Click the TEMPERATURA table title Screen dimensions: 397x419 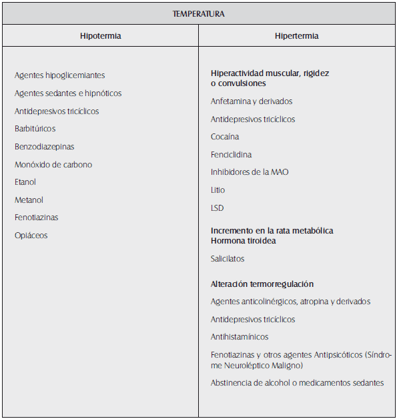pos(198,13)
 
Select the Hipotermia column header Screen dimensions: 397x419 pos(100,36)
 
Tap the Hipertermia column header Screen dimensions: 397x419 pos(297,36)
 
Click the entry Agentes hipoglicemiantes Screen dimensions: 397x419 pos(59,76)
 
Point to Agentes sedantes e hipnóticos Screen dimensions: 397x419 pos(68,93)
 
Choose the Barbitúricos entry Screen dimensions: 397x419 pos(35,129)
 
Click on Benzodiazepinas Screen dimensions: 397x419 pos(45,147)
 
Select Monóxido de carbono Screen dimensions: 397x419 pos(53,164)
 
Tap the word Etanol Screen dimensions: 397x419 pos(25,182)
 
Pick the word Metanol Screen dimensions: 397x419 pos(29,200)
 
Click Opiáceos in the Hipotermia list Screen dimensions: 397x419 pos(31,236)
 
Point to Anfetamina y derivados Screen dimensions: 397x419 pos(252,101)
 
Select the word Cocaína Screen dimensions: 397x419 pos(225,137)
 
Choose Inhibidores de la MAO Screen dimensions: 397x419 pos(250,172)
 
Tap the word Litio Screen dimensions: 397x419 pos(218,190)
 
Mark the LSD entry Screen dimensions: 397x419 pos(218,208)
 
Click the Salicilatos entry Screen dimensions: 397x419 pos(228,259)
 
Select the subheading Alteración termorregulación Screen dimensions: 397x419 pos(262,284)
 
